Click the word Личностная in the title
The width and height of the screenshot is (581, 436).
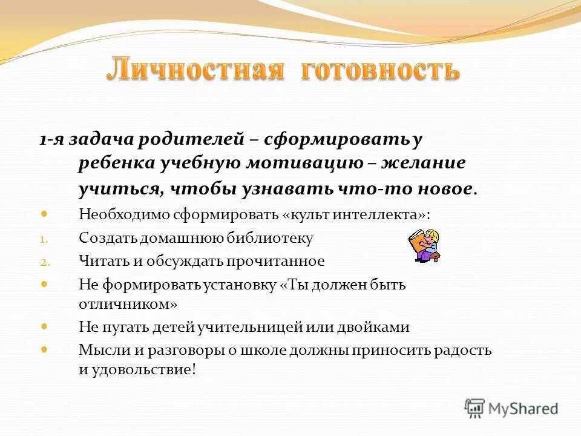tap(195, 70)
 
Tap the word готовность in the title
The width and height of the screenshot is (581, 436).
tap(380, 70)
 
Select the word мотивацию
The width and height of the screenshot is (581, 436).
tap(305, 163)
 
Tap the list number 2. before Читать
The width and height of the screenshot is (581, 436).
tap(45, 262)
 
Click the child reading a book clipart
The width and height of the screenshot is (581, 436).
tap(423, 246)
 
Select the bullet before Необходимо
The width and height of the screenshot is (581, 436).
tap(44, 214)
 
